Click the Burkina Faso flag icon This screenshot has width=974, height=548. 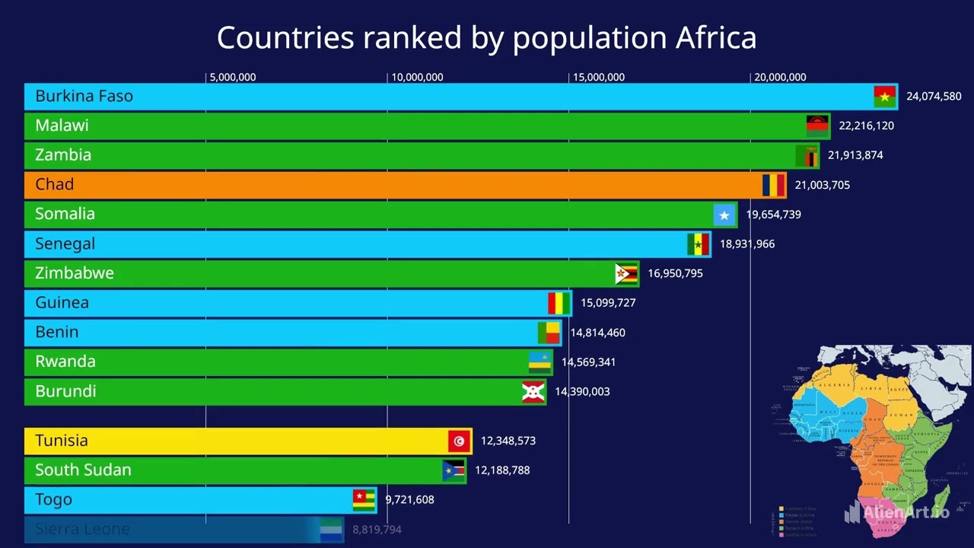[x=884, y=97]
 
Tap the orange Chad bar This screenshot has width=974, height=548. [x=380, y=185]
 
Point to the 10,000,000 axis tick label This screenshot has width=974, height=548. [x=417, y=78]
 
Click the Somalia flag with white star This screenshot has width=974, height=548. [x=724, y=215]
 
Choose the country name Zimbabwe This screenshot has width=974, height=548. [x=74, y=273]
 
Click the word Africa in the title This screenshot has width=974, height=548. [x=715, y=37]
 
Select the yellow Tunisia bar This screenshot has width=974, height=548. [x=228, y=441]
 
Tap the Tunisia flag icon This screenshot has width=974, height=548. [x=459, y=441]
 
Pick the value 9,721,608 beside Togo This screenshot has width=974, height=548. [x=409, y=500]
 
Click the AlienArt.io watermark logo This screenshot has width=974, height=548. [x=898, y=512]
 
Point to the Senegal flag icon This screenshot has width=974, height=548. [x=698, y=244]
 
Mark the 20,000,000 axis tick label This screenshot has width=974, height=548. [x=780, y=78]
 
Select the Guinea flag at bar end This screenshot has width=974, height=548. [x=559, y=303]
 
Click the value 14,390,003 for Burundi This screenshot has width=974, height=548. [x=582, y=392]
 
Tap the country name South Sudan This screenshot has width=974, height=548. [x=83, y=470]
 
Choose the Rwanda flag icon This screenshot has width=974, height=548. [x=540, y=362]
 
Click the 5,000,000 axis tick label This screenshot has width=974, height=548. [x=232, y=78]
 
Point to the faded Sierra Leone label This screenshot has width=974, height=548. [x=82, y=529]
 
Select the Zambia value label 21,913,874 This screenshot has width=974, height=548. [x=855, y=155]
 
